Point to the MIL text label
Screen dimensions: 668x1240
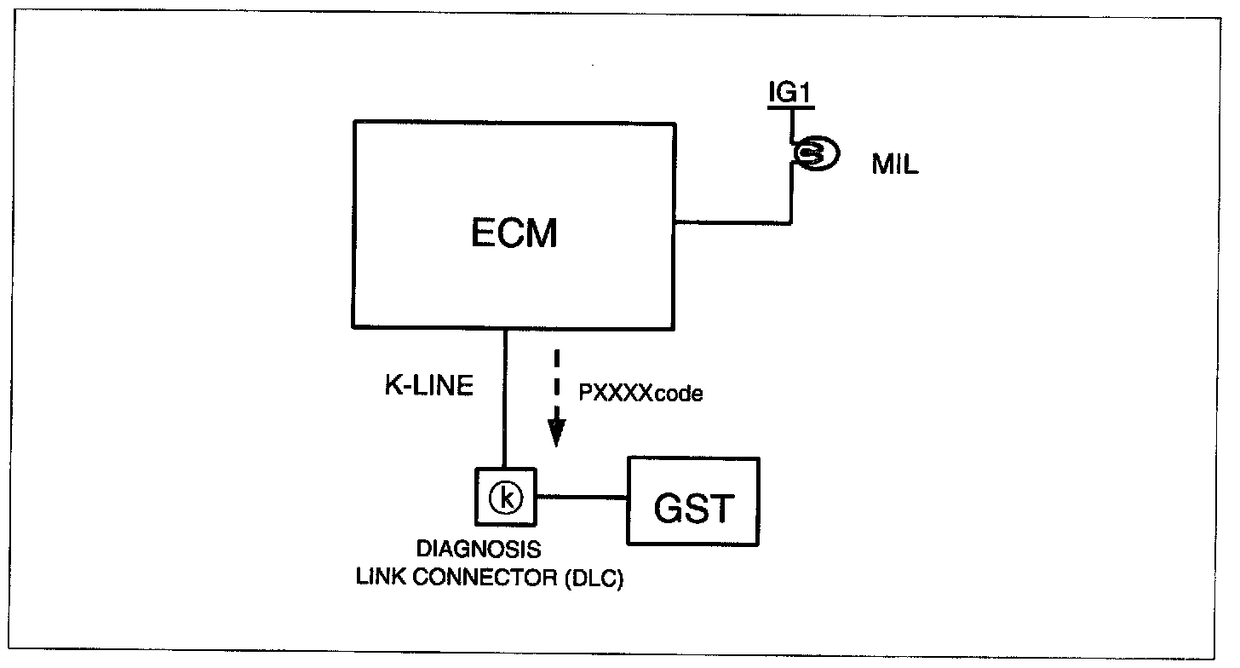[895, 165]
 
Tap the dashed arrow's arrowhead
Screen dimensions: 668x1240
[556, 435]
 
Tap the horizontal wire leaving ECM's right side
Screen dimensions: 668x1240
[732, 223]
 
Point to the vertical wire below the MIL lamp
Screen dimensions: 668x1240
[792, 196]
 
